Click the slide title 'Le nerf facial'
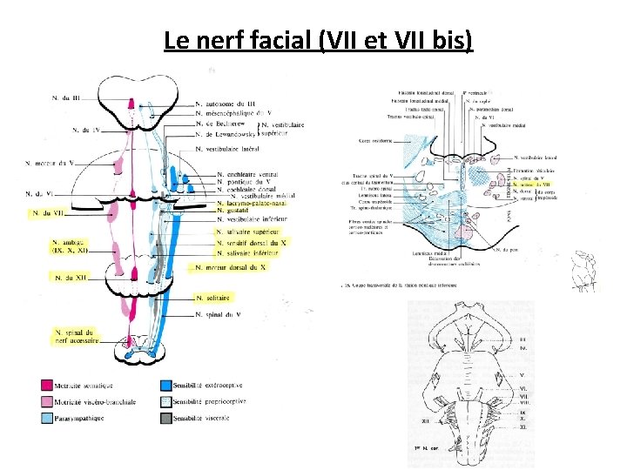pos(318,40)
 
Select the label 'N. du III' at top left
pos(66,98)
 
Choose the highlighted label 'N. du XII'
pos(70,278)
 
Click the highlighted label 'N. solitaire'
pos(217,298)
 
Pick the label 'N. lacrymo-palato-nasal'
pos(253,203)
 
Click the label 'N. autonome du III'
pos(226,104)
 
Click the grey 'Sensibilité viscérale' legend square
pos(165,419)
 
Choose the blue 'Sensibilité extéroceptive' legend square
pos(165,385)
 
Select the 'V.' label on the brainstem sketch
pos(522,375)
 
